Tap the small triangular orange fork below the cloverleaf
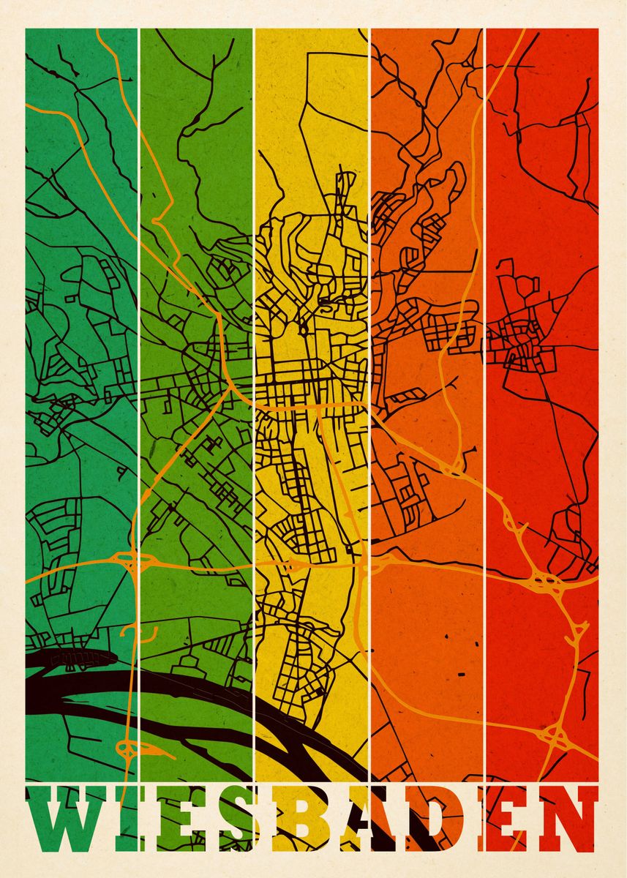577,631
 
